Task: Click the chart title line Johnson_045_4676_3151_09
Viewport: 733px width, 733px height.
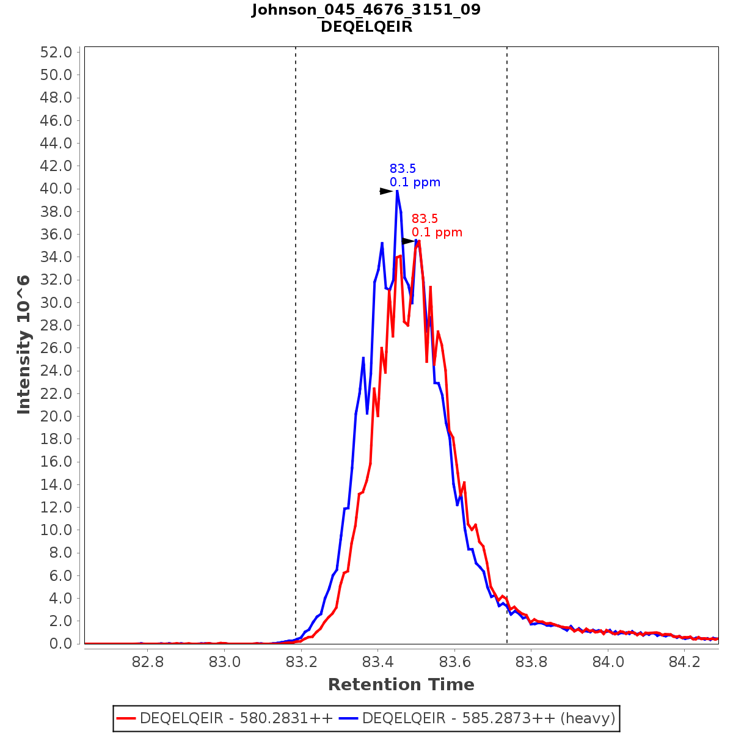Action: (x=366, y=10)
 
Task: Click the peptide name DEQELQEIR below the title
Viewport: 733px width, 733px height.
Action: (x=366, y=27)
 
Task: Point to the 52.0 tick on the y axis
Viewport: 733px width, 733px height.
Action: (x=56, y=52)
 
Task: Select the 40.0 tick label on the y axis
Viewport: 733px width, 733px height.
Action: (x=56, y=189)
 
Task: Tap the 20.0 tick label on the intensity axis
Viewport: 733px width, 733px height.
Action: (x=56, y=416)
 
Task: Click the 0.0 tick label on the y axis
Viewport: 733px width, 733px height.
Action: (x=60, y=644)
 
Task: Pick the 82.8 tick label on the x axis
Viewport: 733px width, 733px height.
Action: (x=148, y=662)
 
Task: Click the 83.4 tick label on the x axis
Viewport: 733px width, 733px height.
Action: (x=378, y=662)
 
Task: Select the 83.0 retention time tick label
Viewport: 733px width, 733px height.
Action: (x=225, y=662)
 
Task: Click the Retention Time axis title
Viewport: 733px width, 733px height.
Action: (x=401, y=685)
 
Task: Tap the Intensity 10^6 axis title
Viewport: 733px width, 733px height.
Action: (x=24, y=345)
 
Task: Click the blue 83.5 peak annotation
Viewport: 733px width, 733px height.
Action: (x=403, y=169)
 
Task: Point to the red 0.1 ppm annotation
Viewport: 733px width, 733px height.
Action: (x=437, y=233)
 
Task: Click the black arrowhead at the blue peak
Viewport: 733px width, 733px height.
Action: (x=386, y=191)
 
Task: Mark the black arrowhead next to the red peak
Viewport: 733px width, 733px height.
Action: (x=408, y=241)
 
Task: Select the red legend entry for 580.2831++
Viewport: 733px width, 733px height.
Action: (x=225, y=718)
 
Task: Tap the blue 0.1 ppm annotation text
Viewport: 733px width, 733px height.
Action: (x=415, y=183)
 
